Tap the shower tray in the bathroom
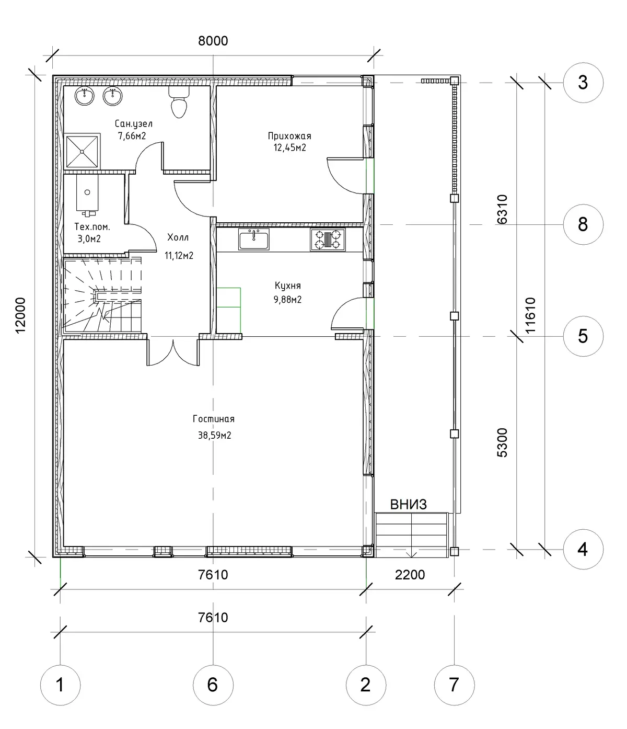[82, 151]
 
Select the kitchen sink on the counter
[254, 239]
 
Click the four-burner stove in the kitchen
[328, 240]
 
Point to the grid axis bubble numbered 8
[583, 224]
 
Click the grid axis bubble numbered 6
[213, 685]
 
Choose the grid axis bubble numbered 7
[454, 685]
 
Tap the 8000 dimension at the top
[213, 41]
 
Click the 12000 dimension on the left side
[20, 315]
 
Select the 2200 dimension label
[410, 575]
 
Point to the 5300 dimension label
[502, 442]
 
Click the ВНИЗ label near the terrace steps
[409, 505]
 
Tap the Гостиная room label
[214, 419]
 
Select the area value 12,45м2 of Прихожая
[289, 147]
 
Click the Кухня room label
[287, 286]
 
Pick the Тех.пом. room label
[92, 226]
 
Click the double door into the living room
[173, 351]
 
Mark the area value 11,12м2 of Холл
[179, 255]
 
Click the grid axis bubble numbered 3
[583, 83]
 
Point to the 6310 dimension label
[502, 209]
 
